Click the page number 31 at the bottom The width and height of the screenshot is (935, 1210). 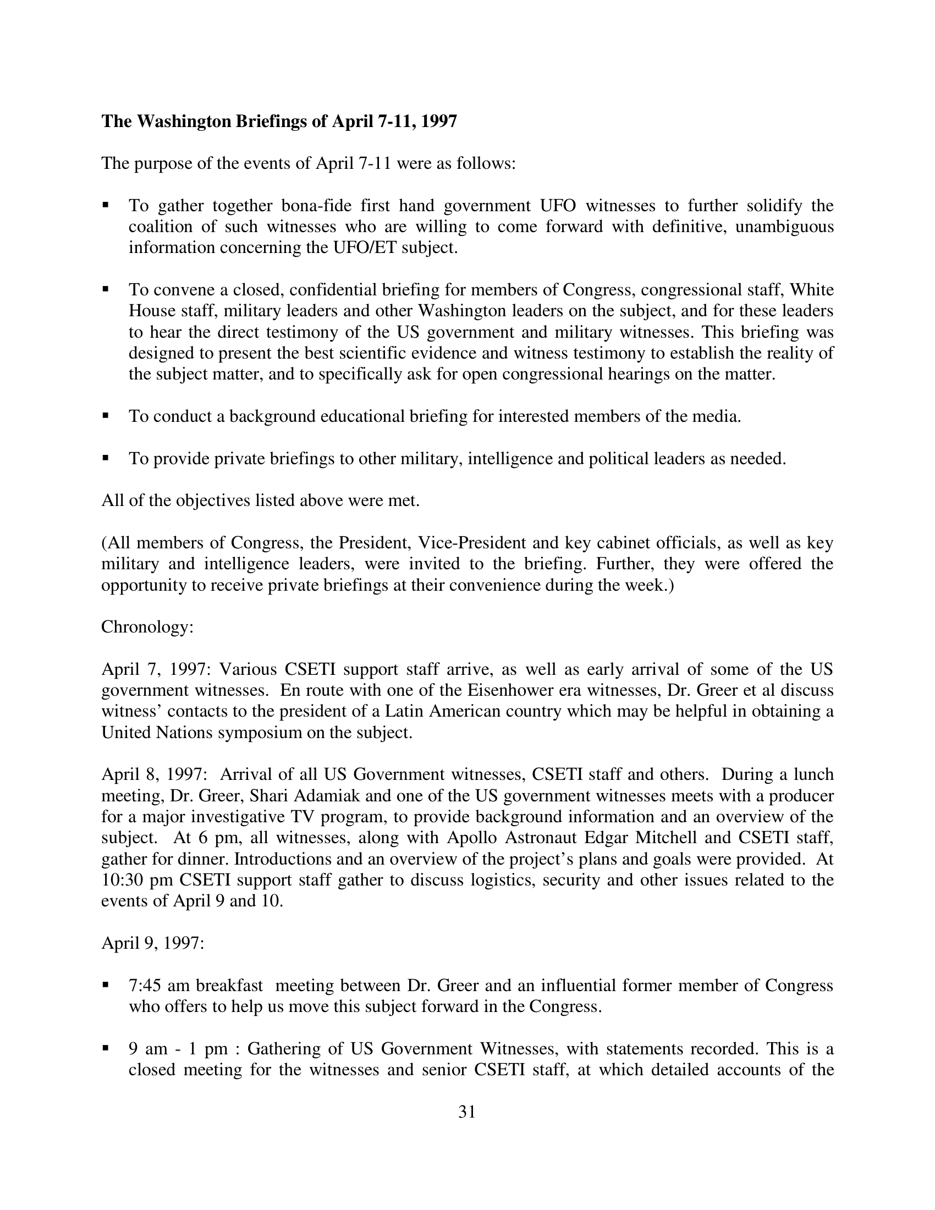point(467,1112)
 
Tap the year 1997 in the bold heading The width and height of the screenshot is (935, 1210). point(439,122)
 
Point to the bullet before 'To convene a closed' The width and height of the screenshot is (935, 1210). point(105,289)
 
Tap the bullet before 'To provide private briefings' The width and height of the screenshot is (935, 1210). point(105,458)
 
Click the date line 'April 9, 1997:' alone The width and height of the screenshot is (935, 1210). point(153,943)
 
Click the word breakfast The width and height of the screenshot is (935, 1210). point(229,986)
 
